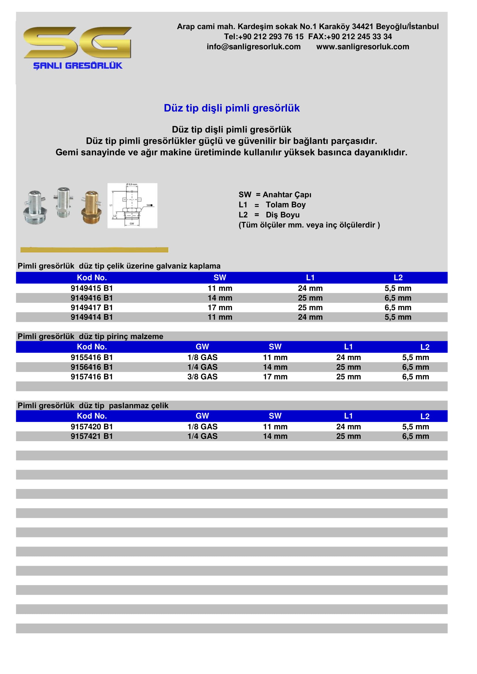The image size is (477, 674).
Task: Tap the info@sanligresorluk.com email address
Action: (x=253, y=47)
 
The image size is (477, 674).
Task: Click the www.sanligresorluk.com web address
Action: (x=363, y=47)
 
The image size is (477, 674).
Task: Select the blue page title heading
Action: (x=232, y=108)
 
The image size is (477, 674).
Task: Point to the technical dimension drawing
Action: (x=132, y=205)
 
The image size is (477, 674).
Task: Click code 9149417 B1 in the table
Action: (x=92, y=307)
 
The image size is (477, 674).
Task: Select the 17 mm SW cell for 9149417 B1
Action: (x=220, y=307)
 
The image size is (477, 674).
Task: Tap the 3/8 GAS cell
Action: (x=202, y=377)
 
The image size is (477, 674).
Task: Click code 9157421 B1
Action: (x=92, y=436)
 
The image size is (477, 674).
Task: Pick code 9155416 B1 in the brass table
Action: (x=92, y=357)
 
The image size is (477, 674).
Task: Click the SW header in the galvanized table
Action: (x=220, y=277)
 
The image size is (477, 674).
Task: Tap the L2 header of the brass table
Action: (x=425, y=347)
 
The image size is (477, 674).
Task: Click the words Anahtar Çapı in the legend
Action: (x=287, y=195)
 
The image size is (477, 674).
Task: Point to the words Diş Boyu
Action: (x=283, y=215)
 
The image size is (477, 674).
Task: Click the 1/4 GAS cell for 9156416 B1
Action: (x=202, y=367)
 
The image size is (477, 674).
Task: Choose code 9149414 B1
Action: (x=92, y=317)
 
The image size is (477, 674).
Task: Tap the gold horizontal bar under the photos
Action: (x=94, y=250)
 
